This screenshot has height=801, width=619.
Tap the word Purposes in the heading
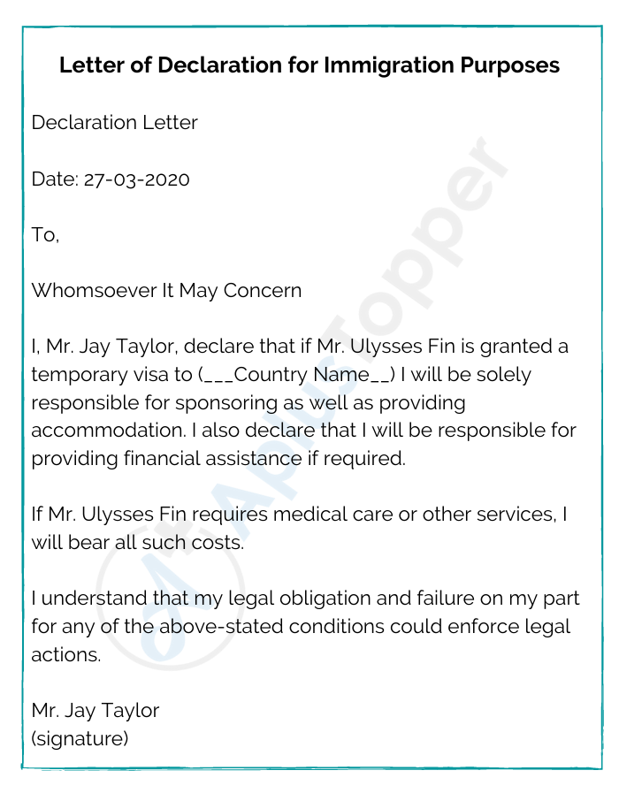[x=512, y=65]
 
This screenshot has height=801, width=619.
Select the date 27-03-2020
[x=137, y=179]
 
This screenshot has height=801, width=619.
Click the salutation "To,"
[x=45, y=234]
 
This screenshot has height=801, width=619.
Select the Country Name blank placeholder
[x=297, y=375]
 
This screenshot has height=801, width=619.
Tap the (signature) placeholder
[x=80, y=737]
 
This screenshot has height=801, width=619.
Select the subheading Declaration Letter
[x=114, y=122]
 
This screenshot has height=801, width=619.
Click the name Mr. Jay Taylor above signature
[x=96, y=710]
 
